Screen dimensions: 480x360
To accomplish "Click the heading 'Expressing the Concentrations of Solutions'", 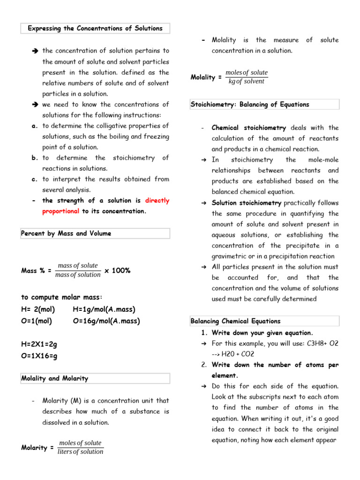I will pos(95,28).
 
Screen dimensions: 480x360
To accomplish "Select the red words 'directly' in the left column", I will pos(157,201).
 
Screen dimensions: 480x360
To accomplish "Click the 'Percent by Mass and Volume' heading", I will pos(66,233).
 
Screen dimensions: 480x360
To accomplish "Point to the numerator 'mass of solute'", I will pos(77,266).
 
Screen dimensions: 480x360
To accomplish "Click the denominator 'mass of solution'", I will pos(78,275).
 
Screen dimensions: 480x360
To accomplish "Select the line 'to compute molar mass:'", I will pos(61,297).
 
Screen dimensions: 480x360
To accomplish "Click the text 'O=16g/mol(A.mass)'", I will pos(106,321).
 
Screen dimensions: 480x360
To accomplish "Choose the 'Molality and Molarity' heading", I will pos(54,378).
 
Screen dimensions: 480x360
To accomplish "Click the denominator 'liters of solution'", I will pos(80,452).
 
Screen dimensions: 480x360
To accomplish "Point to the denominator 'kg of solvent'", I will pos(246,82).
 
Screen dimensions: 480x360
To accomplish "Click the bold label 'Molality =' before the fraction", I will pos(206,77).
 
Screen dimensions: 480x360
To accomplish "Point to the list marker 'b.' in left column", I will pos(35,158).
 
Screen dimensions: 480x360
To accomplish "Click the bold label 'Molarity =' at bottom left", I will pos(37,448).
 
